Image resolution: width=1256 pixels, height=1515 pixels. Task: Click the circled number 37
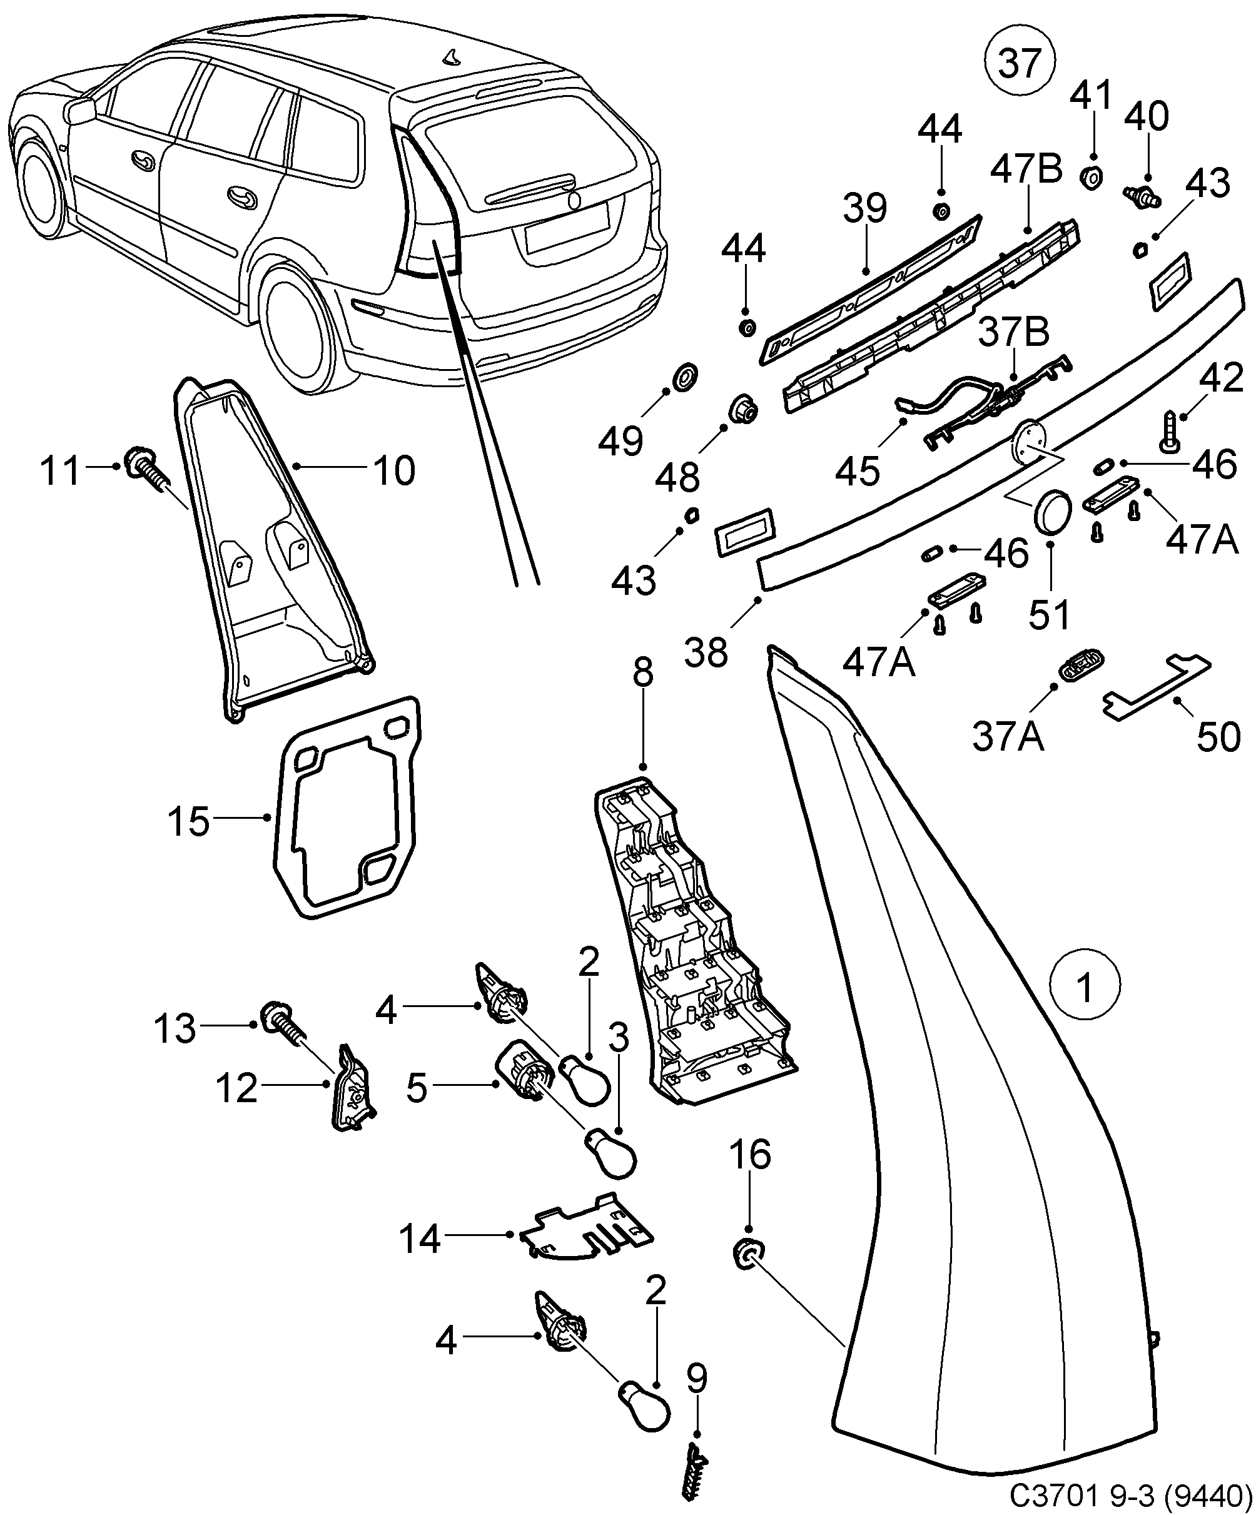point(1020,63)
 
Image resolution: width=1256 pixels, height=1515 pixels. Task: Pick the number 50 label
point(1218,737)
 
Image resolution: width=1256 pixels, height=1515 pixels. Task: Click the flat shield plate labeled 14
point(588,1237)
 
